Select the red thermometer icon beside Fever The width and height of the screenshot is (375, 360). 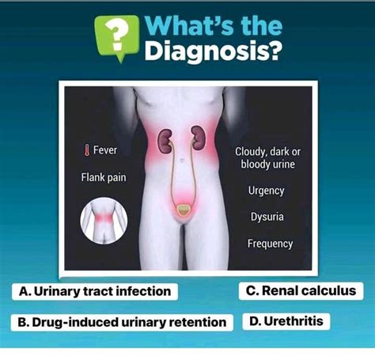[x=86, y=150]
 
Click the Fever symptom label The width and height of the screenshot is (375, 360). [x=105, y=150]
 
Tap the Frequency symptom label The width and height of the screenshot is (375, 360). [x=270, y=243]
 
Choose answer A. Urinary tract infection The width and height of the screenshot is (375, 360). [x=94, y=291]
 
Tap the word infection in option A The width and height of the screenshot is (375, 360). [x=143, y=291]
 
